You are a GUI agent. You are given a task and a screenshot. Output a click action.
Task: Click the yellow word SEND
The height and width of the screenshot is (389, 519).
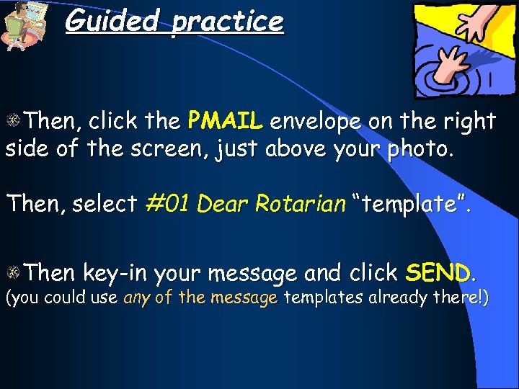(437, 273)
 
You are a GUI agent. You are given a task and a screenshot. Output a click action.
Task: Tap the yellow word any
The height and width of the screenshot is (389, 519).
(137, 298)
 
